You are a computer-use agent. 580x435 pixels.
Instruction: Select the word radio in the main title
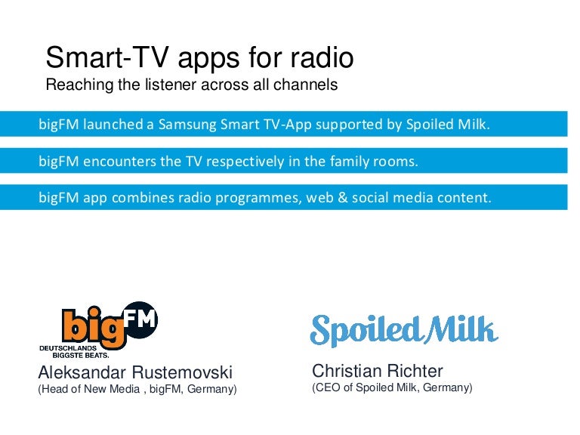click(322, 57)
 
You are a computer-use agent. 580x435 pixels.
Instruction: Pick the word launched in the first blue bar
click(113, 124)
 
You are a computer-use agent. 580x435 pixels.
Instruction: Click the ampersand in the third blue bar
click(343, 197)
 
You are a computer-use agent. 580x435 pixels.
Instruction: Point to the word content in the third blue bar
click(464, 198)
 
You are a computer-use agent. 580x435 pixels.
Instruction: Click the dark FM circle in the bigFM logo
click(140, 319)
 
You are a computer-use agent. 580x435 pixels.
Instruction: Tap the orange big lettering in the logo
click(94, 328)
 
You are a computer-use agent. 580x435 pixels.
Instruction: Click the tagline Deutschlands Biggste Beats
click(74, 352)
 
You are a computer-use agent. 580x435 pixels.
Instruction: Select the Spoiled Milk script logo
click(404, 330)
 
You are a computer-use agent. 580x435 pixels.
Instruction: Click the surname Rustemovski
click(182, 372)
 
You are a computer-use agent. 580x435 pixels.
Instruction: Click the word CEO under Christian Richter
click(327, 387)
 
